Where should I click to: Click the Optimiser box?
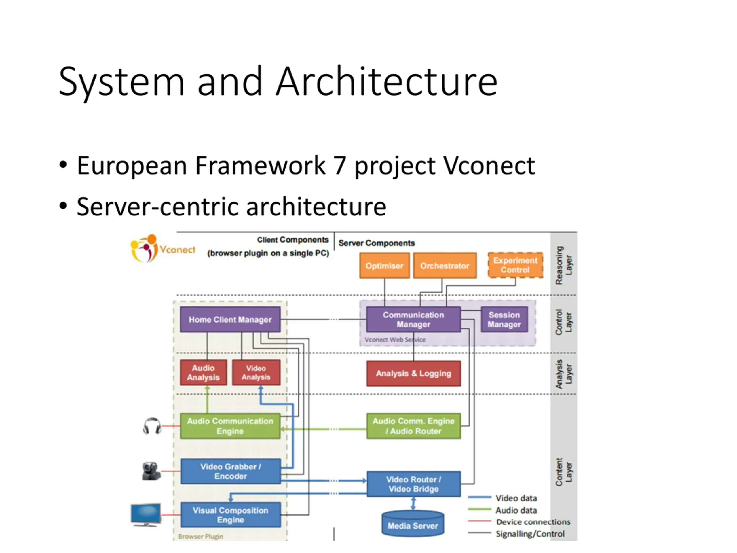385,265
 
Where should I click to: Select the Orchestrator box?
445,265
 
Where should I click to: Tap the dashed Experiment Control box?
515,265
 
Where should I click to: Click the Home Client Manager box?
230,319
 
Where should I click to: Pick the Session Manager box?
504,319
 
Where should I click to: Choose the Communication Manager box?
413,319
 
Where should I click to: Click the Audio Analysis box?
203,372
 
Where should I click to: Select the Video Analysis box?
256,372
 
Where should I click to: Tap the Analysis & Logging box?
413,373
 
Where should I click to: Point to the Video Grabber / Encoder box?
231,471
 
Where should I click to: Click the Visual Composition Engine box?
231,515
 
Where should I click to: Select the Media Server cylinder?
413,523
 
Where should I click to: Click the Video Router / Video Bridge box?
414,484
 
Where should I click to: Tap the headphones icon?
152,426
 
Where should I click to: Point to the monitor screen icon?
146,515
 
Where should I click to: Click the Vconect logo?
163,248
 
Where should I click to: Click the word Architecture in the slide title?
387,82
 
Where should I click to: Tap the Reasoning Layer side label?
564,265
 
